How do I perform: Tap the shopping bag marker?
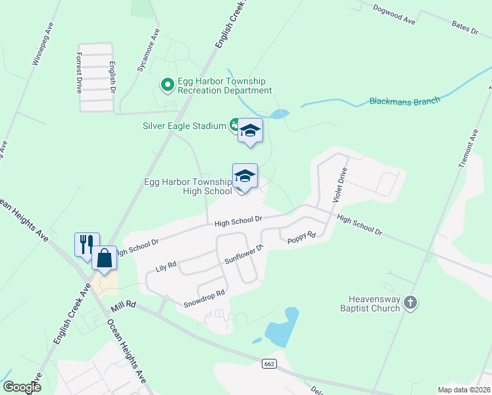[x=105, y=257]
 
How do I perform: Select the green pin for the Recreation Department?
[x=167, y=84]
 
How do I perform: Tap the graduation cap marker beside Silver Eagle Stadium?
[x=250, y=130]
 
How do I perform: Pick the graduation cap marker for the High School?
[x=245, y=176]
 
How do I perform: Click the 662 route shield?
[x=268, y=363]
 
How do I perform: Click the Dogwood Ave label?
[x=394, y=14]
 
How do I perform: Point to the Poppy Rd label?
[x=301, y=238]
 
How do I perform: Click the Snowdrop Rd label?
[x=205, y=296]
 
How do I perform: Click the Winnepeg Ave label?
[x=41, y=45]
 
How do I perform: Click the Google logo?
[x=22, y=387]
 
